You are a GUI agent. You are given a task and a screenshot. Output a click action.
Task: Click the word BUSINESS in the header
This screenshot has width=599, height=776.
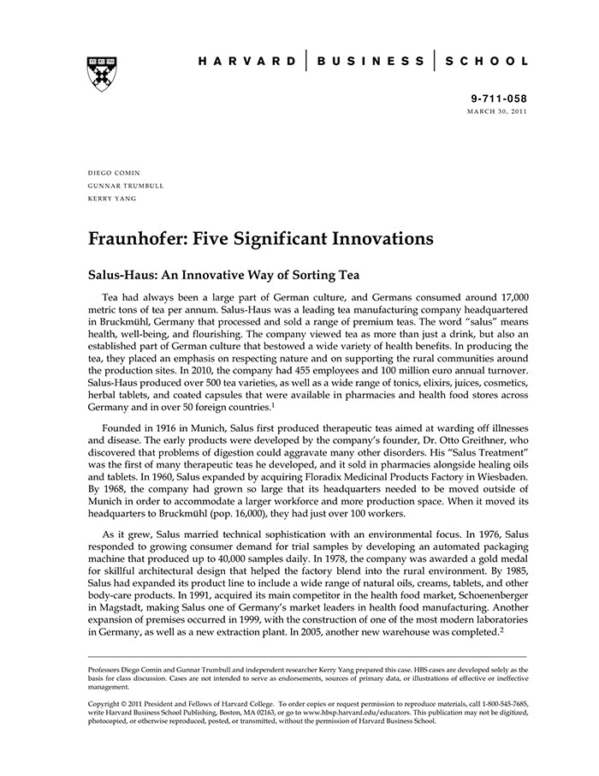pos(370,62)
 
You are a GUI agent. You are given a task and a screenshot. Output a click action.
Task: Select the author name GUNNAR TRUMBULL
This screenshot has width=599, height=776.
pos(126,185)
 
